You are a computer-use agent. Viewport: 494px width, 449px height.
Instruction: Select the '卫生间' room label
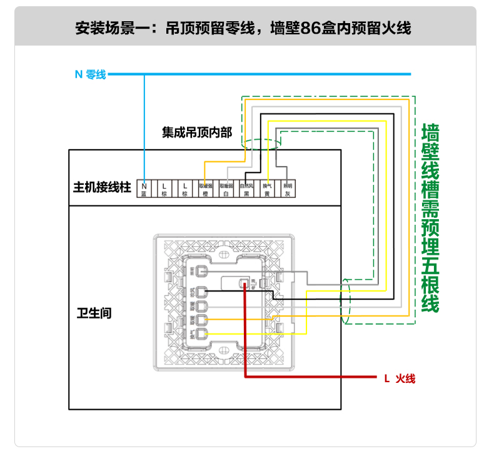(90, 312)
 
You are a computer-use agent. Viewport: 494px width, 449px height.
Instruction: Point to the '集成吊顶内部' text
(196, 132)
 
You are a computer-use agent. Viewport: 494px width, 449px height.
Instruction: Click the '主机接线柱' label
(102, 187)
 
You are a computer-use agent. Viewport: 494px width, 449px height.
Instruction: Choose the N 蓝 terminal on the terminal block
(144, 189)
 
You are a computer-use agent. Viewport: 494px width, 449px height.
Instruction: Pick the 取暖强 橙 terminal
(206, 189)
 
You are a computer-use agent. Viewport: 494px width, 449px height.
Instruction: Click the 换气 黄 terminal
(267, 189)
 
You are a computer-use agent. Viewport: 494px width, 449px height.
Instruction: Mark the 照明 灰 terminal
(288, 189)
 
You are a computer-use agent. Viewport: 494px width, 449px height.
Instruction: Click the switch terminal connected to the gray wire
(202, 272)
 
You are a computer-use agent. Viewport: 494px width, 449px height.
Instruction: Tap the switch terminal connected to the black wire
(202, 291)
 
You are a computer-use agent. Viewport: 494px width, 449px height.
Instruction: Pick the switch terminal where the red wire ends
(244, 283)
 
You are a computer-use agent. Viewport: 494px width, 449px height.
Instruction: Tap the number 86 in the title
(310, 28)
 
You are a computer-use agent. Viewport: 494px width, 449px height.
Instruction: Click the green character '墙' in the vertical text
(431, 134)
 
